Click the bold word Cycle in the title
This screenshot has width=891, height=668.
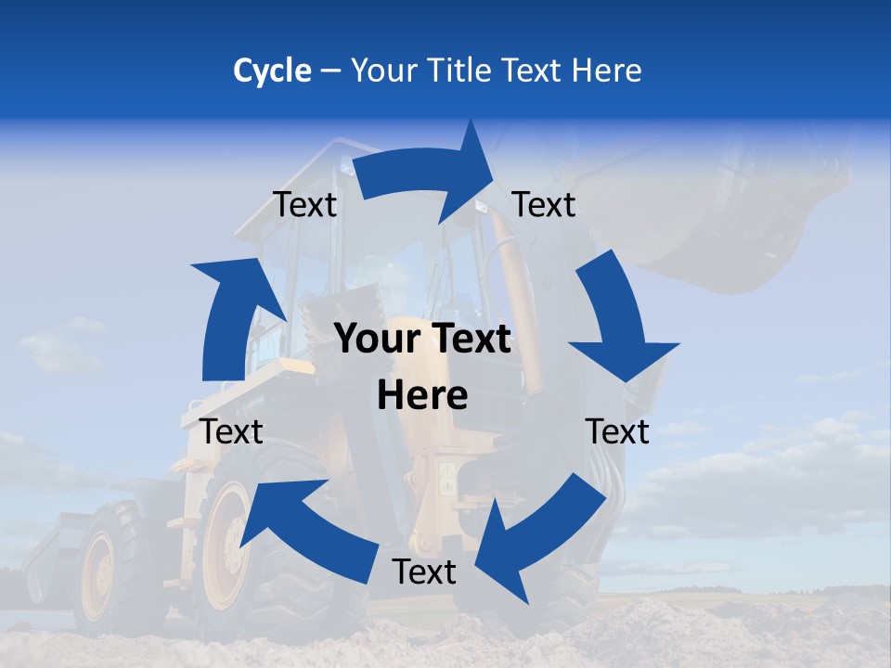pos(272,71)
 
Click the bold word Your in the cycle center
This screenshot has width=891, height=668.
pos(378,340)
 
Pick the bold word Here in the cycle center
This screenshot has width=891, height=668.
pos(422,396)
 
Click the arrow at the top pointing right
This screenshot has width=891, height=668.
pos(427,173)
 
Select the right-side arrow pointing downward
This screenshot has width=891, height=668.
pos(617,320)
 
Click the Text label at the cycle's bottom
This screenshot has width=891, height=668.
pos(424,572)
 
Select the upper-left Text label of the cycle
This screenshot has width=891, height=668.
pos(304,205)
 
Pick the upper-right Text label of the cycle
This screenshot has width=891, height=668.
pos(544,205)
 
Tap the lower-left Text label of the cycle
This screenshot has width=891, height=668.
pos(232,431)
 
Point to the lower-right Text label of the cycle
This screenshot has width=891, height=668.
pos(617,431)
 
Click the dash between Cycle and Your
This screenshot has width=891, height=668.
pos(329,71)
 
